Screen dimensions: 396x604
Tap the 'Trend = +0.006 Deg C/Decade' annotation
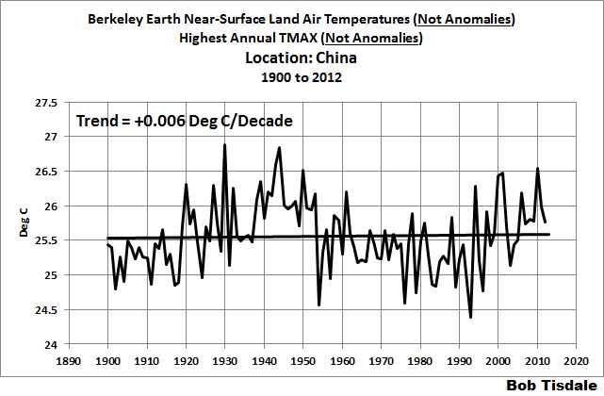tap(183, 122)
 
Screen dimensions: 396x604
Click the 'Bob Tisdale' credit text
tap(550, 386)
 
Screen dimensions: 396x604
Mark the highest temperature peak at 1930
tap(224, 144)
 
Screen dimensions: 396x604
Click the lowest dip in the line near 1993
tap(470, 318)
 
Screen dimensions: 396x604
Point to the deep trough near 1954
tap(318, 305)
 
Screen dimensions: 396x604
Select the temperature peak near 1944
tap(279, 147)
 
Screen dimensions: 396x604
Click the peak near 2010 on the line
tap(537, 169)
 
